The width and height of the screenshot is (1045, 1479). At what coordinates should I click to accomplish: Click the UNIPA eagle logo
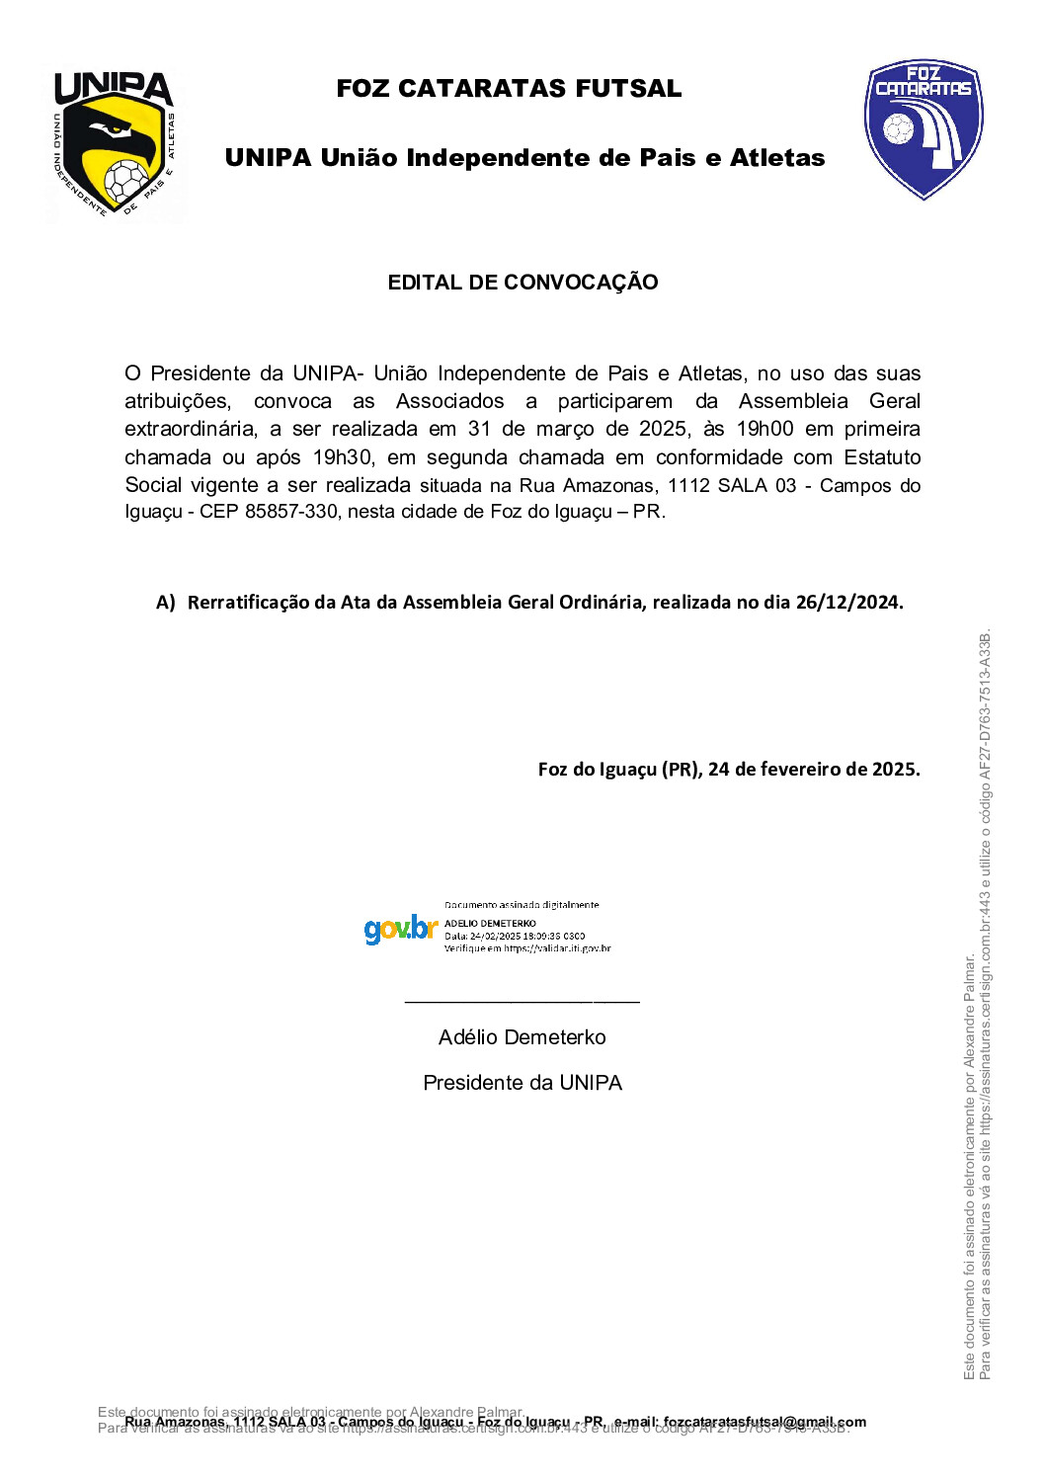point(114,143)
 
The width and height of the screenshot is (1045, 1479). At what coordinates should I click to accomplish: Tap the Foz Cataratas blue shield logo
point(924,128)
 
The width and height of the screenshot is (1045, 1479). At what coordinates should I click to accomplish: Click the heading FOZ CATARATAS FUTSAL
point(509,88)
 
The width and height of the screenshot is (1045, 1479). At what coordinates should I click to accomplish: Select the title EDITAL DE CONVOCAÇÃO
point(522,283)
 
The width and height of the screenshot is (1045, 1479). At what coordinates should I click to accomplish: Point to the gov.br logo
point(401,929)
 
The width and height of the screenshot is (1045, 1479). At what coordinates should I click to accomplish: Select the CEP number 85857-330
point(290,512)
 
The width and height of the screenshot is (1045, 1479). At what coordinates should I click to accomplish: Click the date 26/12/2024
point(847,602)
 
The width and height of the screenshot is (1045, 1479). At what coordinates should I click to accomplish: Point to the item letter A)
point(166,602)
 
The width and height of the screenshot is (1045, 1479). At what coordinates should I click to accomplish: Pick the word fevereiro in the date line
point(793,769)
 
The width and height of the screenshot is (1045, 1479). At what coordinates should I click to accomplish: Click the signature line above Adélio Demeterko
point(522,1002)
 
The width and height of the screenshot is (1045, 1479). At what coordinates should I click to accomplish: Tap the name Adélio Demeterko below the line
point(522,1037)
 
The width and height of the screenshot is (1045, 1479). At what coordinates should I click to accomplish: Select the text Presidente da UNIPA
point(522,1083)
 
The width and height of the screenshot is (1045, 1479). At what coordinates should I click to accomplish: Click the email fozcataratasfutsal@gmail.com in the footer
point(764,1422)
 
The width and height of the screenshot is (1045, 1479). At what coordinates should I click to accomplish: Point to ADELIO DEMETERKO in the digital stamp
point(490,923)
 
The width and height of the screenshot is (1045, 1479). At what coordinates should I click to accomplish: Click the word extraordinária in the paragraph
point(190,429)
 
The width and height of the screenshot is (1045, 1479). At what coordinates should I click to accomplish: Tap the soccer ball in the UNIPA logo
point(126,182)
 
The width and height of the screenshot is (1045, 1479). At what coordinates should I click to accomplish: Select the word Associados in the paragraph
point(449,401)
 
